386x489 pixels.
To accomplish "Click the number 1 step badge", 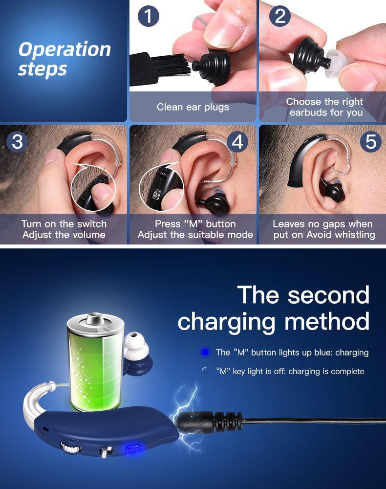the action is (x=149, y=16).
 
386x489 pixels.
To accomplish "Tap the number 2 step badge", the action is (x=280, y=16).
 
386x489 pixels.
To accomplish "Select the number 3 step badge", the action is (x=17, y=142).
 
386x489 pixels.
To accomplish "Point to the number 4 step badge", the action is (x=237, y=142).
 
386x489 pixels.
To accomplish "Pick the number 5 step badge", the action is (x=371, y=142).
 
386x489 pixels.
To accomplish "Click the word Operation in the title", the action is (x=64, y=49).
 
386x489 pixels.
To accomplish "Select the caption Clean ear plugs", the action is (x=193, y=107).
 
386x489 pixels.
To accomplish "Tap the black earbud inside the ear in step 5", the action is (x=333, y=191).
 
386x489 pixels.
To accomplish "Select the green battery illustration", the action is (x=95, y=362).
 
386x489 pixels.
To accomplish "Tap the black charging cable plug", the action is (x=208, y=423).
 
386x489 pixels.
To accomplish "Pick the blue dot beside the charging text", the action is (x=205, y=352).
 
